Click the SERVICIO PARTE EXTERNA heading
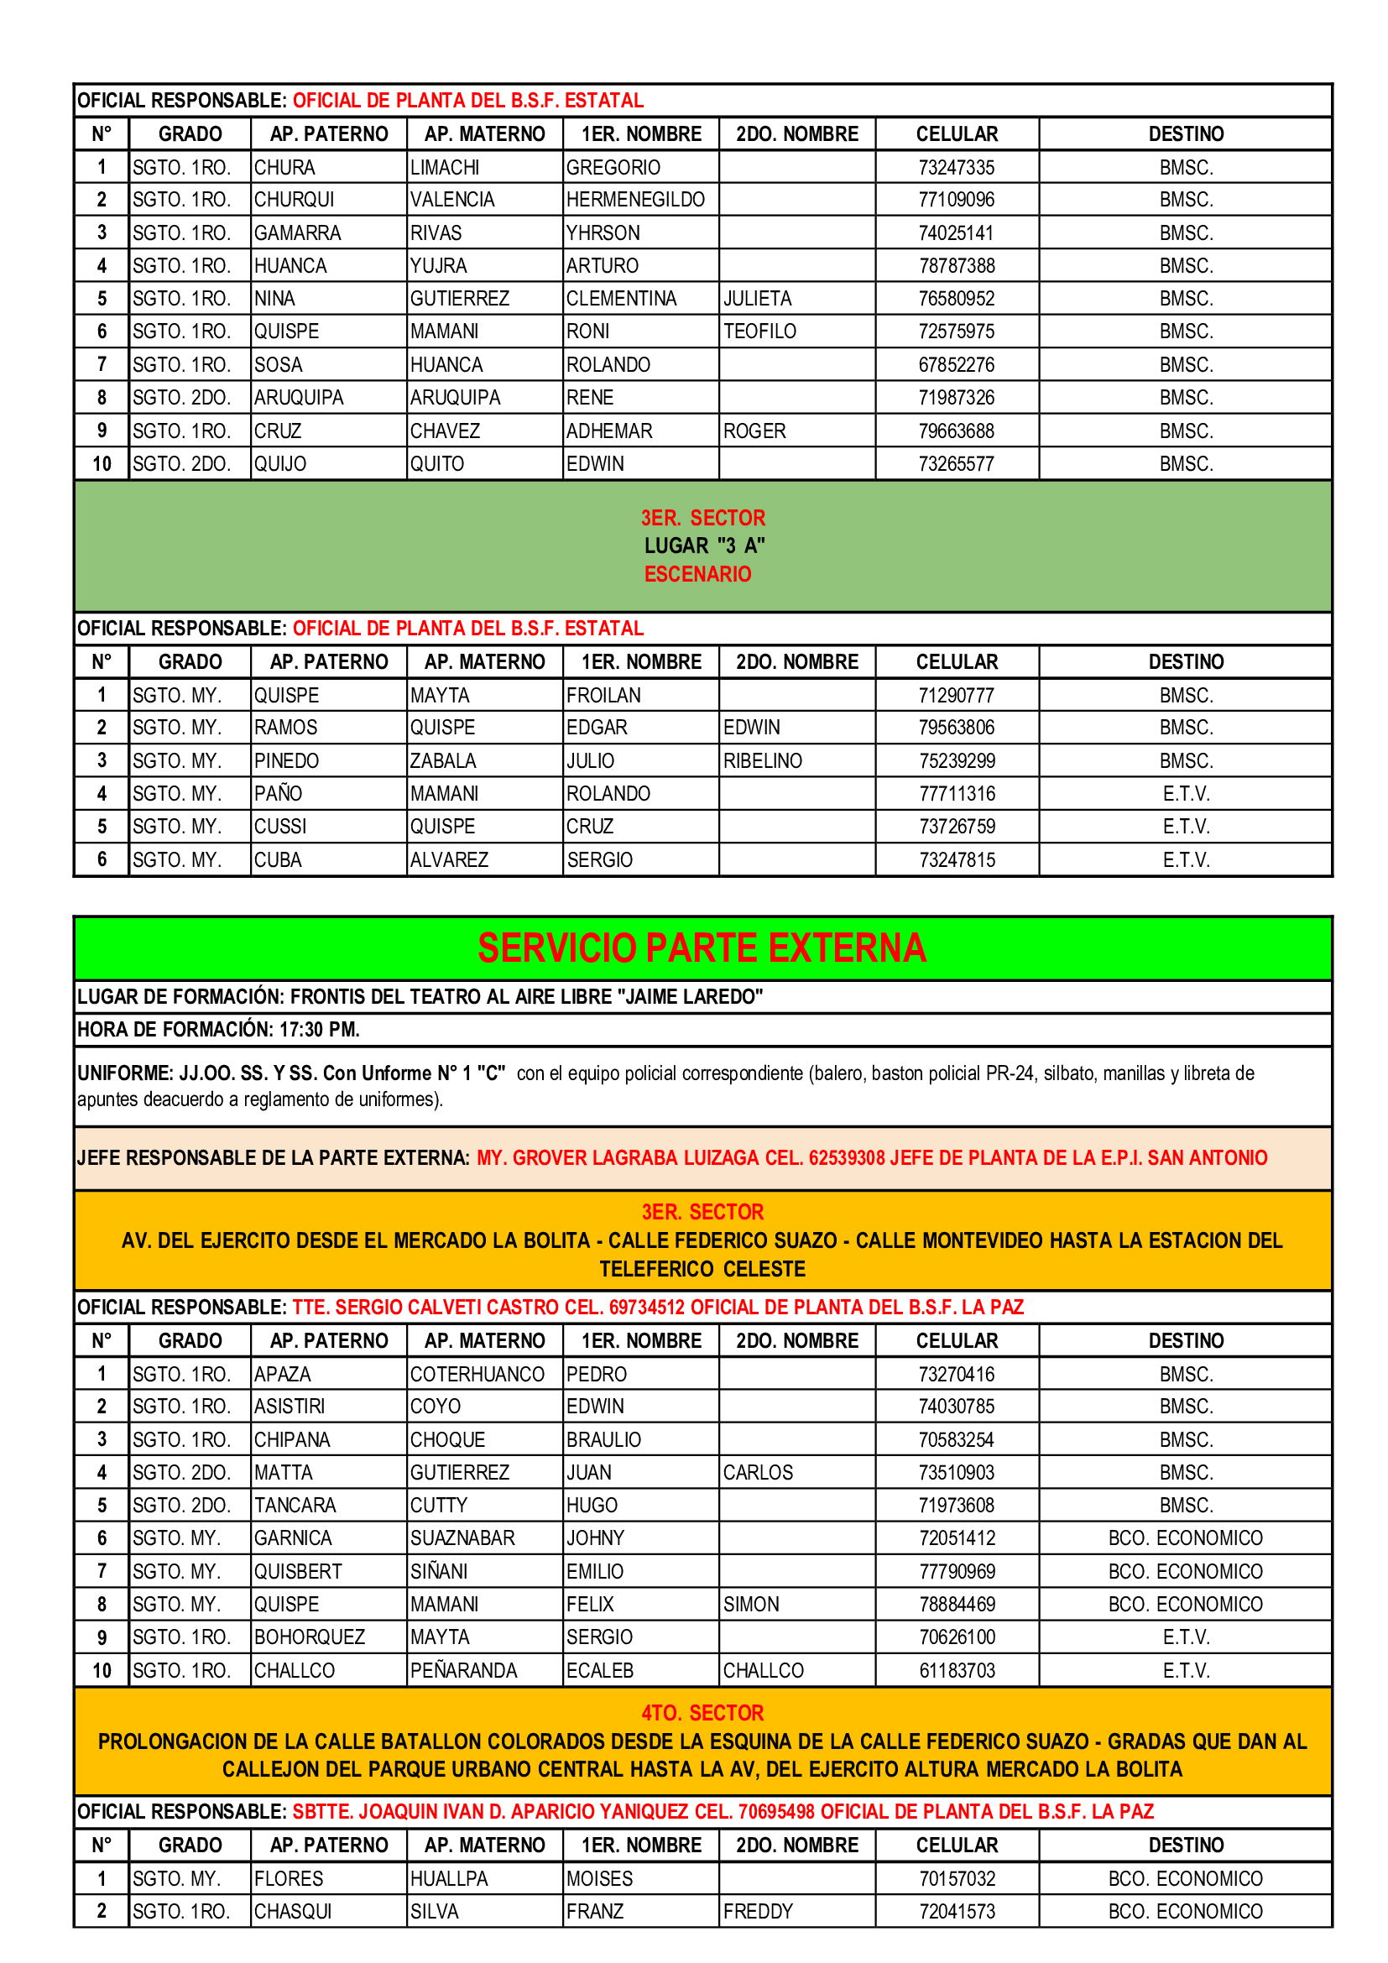(x=702, y=948)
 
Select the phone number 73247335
(x=957, y=168)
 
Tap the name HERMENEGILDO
(x=635, y=200)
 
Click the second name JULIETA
(x=757, y=299)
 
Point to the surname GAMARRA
(x=297, y=232)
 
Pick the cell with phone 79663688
(x=957, y=431)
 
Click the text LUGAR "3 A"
(x=703, y=546)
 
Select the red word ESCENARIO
(x=697, y=574)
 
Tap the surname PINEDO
(x=286, y=761)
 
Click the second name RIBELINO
(x=762, y=761)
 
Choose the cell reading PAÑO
(x=278, y=793)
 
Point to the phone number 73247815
(x=957, y=860)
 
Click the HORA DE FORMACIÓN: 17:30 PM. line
(x=218, y=1030)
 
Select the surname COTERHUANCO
(x=477, y=1374)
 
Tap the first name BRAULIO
(x=603, y=1440)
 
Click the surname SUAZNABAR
(x=462, y=1538)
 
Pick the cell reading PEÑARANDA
(x=463, y=1671)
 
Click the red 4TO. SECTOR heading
(x=702, y=1713)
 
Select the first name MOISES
(x=599, y=1878)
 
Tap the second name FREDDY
(x=758, y=1911)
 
